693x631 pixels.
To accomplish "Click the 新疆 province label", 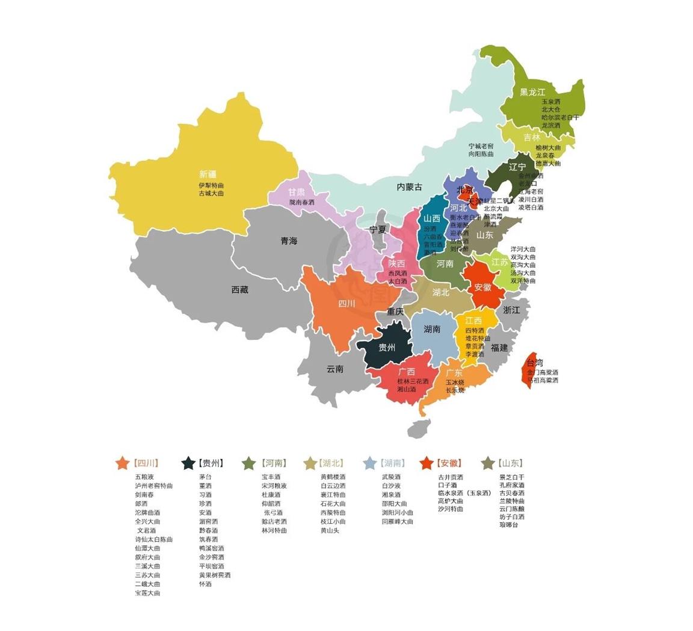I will pyautogui.click(x=208, y=174).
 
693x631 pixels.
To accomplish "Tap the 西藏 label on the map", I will pyautogui.click(x=239, y=289).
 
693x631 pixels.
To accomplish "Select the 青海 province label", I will pyautogui.click(x=289, y=241).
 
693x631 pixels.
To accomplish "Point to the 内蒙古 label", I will pyautogui.click(x=409, y=187).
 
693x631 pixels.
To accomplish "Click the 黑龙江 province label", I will pyautogui.click(x=532, y=92).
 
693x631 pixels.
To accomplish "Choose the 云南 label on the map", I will pyautogui.click(x=335, y=369).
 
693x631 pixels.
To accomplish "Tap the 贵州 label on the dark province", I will pyautogui.click(x=387, y=348).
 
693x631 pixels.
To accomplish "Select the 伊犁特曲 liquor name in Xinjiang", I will pyautogui.click(x=211, y=185).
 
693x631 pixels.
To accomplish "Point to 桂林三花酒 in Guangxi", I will pyautogui.click(x=413, y=381).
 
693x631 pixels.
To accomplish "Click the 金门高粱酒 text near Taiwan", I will pyautogui.click(x=543, y=372).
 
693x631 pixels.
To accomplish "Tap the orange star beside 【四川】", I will pyautogui.click(x=122, y=463).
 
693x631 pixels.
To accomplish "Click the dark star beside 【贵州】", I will pyautogui.click(x=188, y=463).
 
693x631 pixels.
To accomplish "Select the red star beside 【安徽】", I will pyautogui.click(x=427, y=463).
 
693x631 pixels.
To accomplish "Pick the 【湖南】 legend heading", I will pyautogui.click(x=393, y=463).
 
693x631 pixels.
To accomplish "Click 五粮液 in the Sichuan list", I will pyautogui.click(x=144, y=476).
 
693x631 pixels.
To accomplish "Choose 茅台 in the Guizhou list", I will pyautogui.click(x=205, y=476).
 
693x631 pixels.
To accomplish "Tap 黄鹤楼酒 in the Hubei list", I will pyautogui.click(x=333, y=476).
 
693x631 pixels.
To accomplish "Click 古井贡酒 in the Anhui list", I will pyautogui.click(x=451, y=476).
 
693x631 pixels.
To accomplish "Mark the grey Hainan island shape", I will pyautogui.click(x=419, y=429).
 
